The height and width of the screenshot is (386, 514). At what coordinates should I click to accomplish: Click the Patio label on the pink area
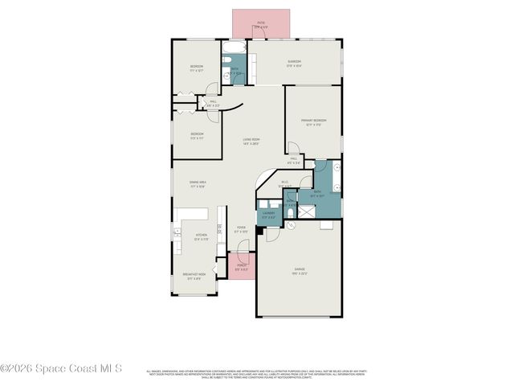262,25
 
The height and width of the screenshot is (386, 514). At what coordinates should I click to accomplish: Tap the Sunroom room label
294,64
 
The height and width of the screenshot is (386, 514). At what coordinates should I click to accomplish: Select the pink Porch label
240,268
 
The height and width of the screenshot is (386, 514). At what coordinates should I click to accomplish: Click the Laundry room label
269,215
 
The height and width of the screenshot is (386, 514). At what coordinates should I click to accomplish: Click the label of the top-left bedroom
197,68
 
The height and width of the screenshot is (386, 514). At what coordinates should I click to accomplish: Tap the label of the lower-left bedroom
197,135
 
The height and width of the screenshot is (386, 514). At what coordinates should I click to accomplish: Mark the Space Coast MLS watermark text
61,369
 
